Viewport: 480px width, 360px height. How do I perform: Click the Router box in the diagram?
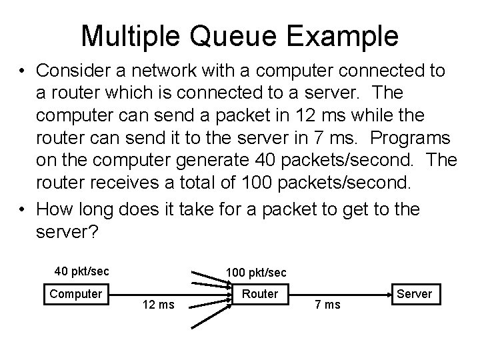pos(260,293)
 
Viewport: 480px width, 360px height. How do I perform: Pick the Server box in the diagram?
pos(414,293)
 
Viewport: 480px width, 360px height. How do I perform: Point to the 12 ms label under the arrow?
pos(159,305)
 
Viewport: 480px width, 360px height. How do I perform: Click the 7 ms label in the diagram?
pos(327,305)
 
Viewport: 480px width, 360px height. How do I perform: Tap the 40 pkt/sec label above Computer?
pos(81,271)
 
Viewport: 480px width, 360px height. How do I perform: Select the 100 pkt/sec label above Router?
pos(256,273)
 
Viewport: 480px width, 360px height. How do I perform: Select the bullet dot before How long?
pos(24,209)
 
